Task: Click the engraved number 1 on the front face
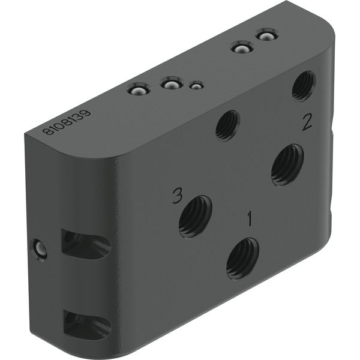250,219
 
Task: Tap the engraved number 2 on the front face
307,122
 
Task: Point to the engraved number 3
178,196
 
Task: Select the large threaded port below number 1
242,259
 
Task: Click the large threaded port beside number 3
196,217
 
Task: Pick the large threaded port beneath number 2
287,165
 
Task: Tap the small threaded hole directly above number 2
304,86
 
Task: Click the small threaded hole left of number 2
228,125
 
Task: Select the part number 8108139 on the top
67,122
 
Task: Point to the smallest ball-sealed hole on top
196,86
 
